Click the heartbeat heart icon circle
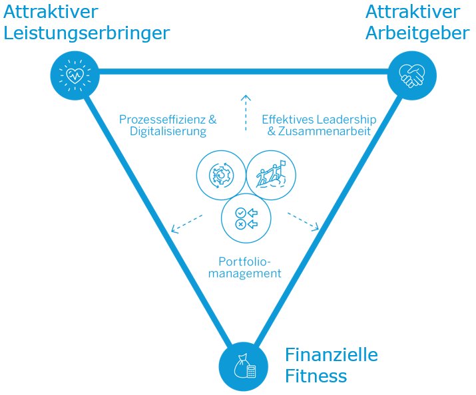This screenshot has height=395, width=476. [x=75, y=74]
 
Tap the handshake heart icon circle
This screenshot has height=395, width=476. [x=411, y=76]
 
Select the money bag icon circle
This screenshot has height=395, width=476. [x=244, y=366]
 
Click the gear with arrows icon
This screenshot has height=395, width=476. [x=221, y=176]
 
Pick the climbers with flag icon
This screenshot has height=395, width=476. [x=270, y=176]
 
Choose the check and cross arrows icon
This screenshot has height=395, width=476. [x=246, y=218]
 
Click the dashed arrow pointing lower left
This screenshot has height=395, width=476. [x=186, y=223]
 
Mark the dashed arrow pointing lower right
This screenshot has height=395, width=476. [x=304, y=222]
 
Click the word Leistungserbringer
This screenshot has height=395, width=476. [x=87, y=33]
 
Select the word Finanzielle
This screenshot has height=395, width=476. [x=331, y=354]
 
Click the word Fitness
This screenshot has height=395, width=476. [x=316, y=376]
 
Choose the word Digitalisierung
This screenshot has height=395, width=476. [x=168, y=132]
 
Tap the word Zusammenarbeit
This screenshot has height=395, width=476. [x=324, y=132]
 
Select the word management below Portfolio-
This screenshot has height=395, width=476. [x=244, y=273]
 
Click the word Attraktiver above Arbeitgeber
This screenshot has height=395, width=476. [x=412, y=11]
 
